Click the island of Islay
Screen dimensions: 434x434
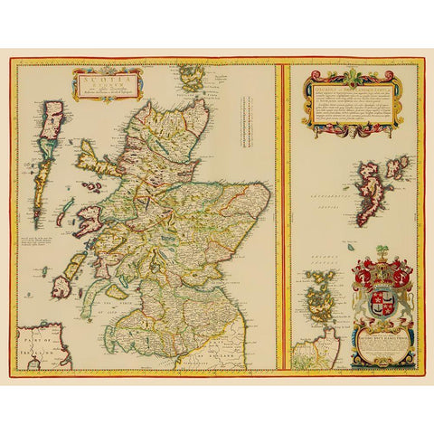click(62, 287)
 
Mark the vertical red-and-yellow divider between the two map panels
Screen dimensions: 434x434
click(283, 217)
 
